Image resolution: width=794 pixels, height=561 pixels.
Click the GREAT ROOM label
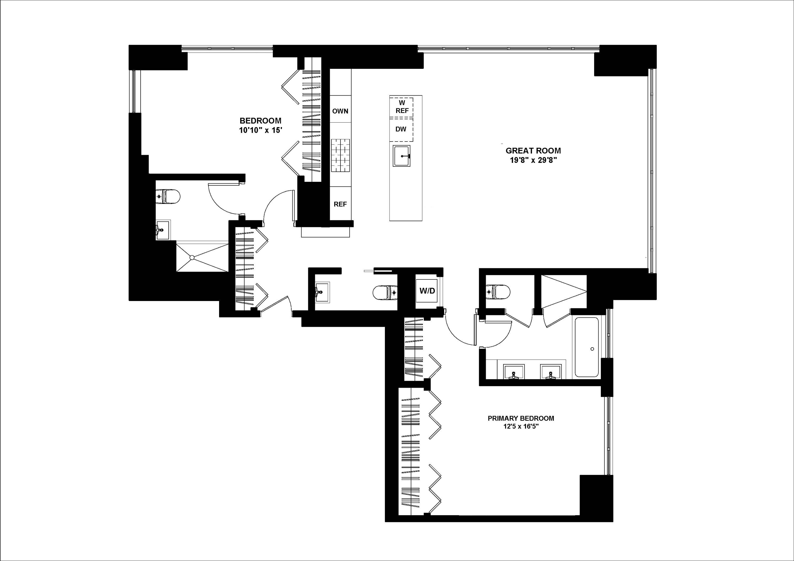(x=533, y=151)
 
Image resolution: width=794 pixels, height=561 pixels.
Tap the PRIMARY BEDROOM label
(x=521, y=418)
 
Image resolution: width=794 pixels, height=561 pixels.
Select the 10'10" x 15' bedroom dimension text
(x=260, y=130)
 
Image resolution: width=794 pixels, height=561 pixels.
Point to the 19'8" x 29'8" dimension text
(x=533, y=161)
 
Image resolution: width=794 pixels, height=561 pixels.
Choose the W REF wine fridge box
(x=402, y=107)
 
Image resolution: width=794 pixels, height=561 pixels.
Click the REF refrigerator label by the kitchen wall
(x=340, y=204)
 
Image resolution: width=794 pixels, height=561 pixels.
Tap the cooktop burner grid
(x=340, y=156)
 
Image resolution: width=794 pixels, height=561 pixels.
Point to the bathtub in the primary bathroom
(x=587, y=347)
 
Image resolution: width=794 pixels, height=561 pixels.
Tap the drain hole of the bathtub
(x=592, y=349)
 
